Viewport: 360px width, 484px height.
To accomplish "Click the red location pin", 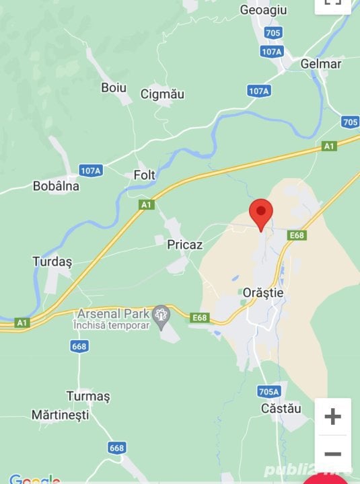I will (x=261, y=212).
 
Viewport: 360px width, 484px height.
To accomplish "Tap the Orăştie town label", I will (x=262, y=294).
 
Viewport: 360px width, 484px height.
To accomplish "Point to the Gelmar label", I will (x=321, y=64).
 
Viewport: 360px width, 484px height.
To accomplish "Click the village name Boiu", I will (x=114, y=87).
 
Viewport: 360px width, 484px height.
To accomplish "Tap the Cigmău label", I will (x=162, y=95).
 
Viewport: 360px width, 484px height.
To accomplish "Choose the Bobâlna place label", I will (x=56, y=186).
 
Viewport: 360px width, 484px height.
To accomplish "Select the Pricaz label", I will (x=184, y=245).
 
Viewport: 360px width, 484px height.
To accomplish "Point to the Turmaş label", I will (x=87, y=396).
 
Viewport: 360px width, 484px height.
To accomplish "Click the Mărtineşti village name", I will (x=60, y=415).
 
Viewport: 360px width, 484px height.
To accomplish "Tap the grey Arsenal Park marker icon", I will (x=161, y=314).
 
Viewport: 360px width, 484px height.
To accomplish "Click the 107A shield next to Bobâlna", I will (x=90, y=170).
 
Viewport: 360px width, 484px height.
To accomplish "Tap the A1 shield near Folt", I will (x=146, y=204).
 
